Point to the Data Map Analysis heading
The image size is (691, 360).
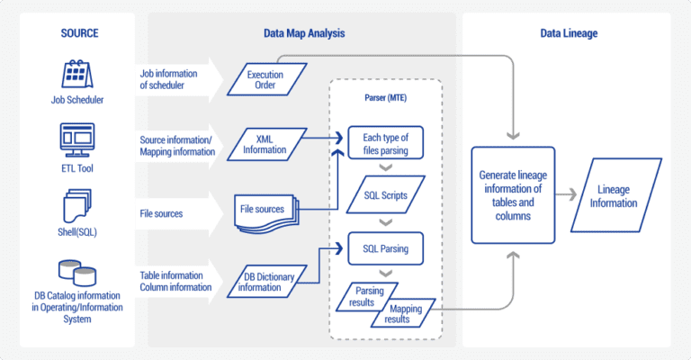click(302, 33)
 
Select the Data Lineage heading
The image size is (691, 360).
click(569, 33)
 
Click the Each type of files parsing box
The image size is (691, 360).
click(384, 143)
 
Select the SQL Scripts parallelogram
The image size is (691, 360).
click(384, 194)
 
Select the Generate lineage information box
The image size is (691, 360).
click(513, 194)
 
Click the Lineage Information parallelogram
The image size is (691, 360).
click(614, 194)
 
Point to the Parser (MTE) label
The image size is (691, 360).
click(385, 96)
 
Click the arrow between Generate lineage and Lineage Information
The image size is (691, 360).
click(566, 194)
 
